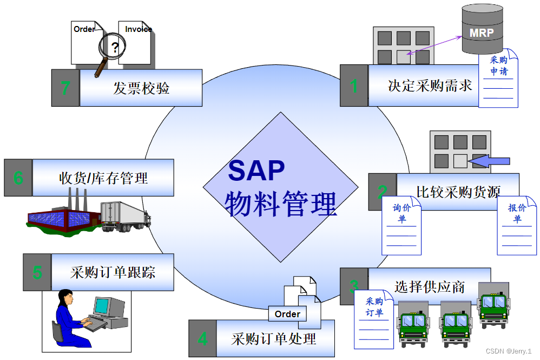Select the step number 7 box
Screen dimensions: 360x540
[x=65, y=88]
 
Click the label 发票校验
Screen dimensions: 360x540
[x=141, y=88]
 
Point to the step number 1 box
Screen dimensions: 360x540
[x=354, y=86]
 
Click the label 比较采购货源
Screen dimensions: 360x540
[x=458, y=191]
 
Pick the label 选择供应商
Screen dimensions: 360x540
[x=430, y=286]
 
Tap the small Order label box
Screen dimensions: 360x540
[x=287, y=314]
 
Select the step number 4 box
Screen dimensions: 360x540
[x=202, y=339]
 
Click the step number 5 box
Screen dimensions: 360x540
[x=37, y=272]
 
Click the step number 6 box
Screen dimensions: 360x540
[x=18, y=178]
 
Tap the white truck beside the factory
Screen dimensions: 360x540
[x=126, y=216]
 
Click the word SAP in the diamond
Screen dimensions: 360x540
[x=256, y=171]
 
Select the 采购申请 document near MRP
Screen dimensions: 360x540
[x=498, y=78]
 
